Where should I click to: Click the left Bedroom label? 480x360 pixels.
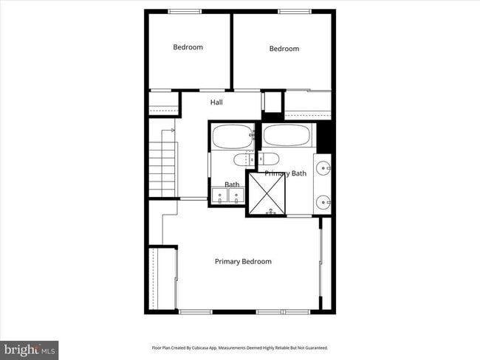click(x=188, y=47)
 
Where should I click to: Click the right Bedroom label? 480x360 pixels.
click(x=284, y=49)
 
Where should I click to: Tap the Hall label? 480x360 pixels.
click(x=216, y=103)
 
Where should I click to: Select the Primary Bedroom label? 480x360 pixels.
click(x=243, y=261)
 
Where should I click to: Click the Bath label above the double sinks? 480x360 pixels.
click(x=232, y=184)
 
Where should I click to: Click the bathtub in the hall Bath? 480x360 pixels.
click(x=232, y=136)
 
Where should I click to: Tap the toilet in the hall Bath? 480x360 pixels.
click(x=244, y=159)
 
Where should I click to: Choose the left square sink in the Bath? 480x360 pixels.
click(x=220, y=195)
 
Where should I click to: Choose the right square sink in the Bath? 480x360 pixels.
click(x=236, y=195)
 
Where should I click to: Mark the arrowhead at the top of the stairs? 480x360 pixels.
click(x=173, y=130)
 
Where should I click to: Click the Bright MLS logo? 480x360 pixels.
click(x=30, y=349)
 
